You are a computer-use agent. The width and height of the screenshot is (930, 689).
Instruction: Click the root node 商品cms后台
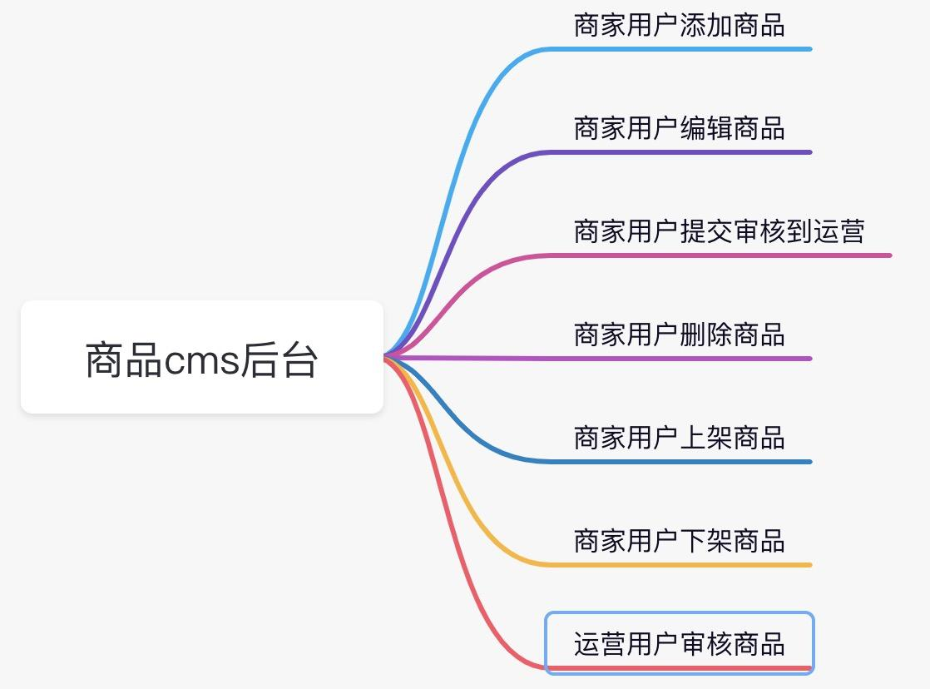201,358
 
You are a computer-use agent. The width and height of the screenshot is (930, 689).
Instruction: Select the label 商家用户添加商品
679,26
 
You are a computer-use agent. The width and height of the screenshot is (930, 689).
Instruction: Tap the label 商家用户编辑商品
679,129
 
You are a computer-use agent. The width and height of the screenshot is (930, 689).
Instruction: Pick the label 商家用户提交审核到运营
719,231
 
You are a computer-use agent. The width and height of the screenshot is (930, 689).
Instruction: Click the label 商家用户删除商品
679,335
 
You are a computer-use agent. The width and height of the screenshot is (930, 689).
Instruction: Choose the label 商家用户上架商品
679,438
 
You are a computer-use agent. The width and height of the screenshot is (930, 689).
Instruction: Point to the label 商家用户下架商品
679,541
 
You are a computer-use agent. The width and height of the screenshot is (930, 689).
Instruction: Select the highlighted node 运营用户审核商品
679,643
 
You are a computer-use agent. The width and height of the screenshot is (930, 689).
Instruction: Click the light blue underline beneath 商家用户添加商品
682,49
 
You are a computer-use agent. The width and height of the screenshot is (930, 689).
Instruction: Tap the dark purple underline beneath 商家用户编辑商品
682,152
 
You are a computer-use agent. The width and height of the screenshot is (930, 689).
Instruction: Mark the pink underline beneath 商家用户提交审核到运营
724,255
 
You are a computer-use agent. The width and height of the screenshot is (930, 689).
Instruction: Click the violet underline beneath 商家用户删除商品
682,359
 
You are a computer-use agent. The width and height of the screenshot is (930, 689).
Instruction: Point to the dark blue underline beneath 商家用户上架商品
682,461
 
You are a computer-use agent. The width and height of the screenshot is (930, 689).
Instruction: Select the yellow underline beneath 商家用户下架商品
682,564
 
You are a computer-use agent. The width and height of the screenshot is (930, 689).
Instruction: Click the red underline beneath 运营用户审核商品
682,667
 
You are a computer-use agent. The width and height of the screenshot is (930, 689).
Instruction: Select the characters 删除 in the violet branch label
705,335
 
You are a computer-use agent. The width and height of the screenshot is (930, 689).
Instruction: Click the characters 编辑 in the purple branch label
705,129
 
